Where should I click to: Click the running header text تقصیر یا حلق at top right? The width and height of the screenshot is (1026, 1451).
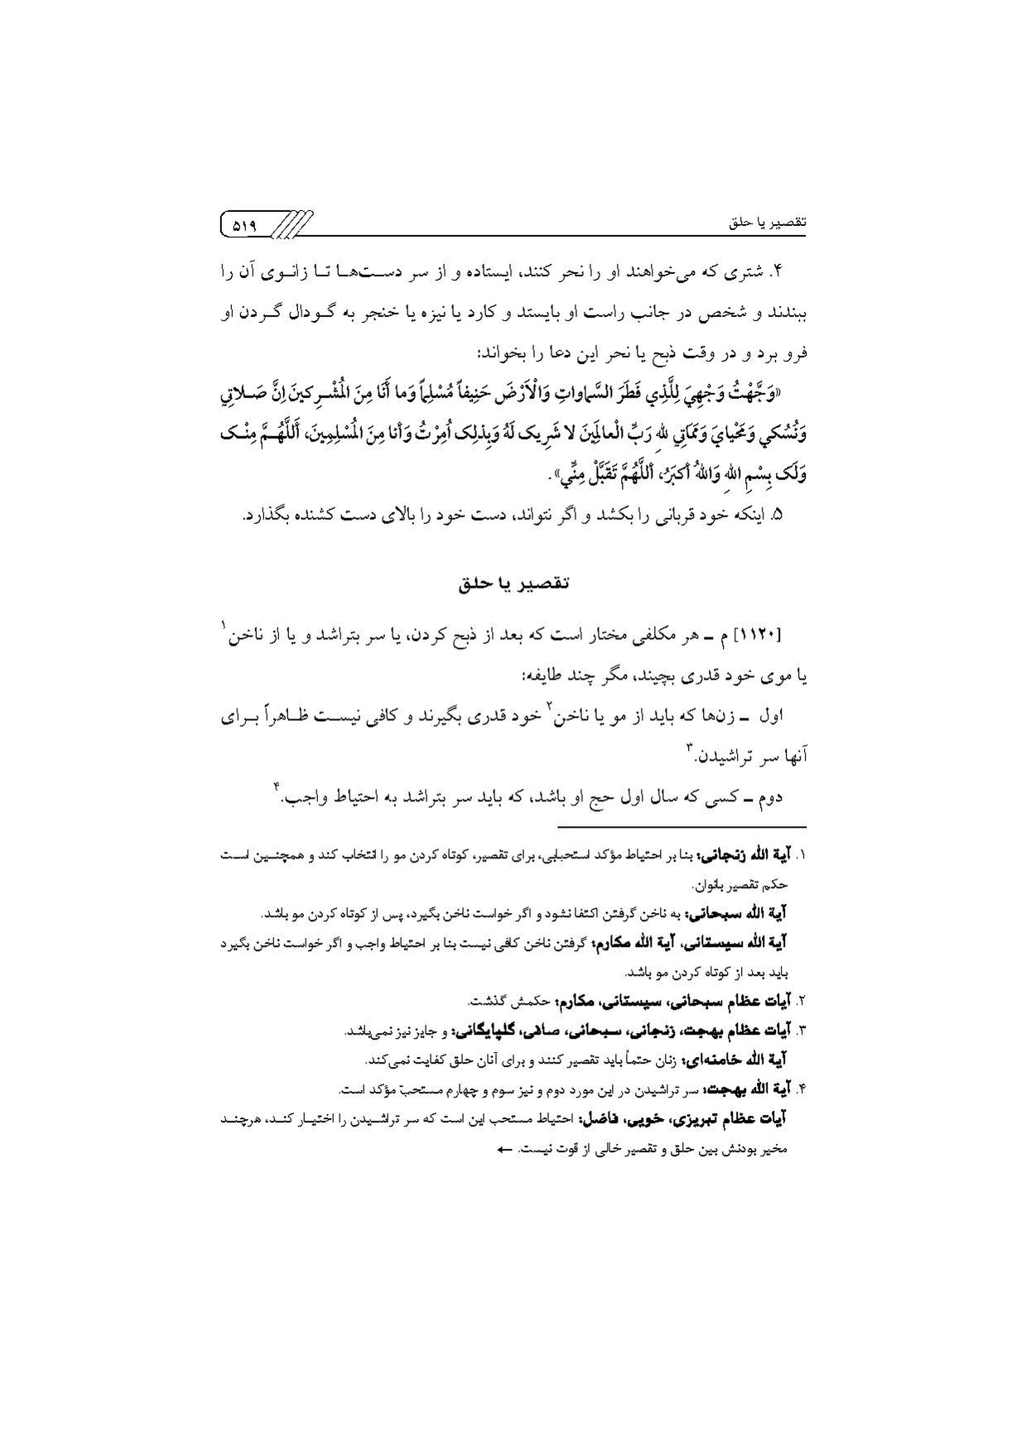coord(768,223)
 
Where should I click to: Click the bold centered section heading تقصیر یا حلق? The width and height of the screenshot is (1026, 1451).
coord(513,583)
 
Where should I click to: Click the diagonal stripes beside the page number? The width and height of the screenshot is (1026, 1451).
coord(291,223)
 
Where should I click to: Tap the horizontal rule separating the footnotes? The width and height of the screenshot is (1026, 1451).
coord(682,826)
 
